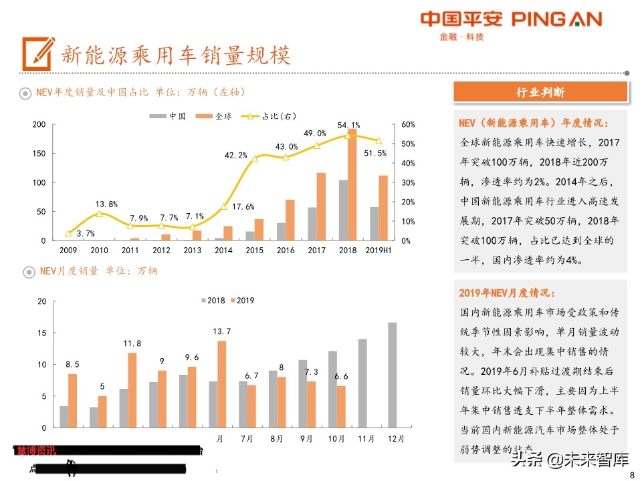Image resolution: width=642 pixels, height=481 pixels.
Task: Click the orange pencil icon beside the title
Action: click(x=37, y=53)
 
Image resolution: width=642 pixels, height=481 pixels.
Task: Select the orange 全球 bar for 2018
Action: click(x=352, y=186)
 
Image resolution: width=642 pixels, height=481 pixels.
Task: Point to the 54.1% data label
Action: click(x=348, y=125)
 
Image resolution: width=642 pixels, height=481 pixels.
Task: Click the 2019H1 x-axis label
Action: click(x=379, y=251)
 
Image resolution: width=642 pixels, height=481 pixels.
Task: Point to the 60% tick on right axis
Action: click(x=408, y=125)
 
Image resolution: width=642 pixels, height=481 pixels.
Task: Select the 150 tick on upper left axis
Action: click(x=39, y=154)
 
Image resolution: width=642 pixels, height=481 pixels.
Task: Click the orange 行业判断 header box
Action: click(x=540, y=92)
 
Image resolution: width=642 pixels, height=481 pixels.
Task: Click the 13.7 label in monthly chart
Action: click(x=221, y=331)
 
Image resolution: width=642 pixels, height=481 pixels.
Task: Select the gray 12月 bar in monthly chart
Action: click(x=392, y=375)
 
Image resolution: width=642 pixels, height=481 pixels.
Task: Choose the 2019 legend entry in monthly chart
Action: click(x=241, y=301)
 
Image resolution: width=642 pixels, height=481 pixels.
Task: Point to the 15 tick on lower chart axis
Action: click(x=42, y=333)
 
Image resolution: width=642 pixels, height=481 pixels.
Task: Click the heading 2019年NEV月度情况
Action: click(x=506, y=293)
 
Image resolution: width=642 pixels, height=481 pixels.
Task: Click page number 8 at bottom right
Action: click(x=632, y=474)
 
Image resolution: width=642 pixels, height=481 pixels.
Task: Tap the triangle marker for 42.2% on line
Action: click(x=254, y=158)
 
